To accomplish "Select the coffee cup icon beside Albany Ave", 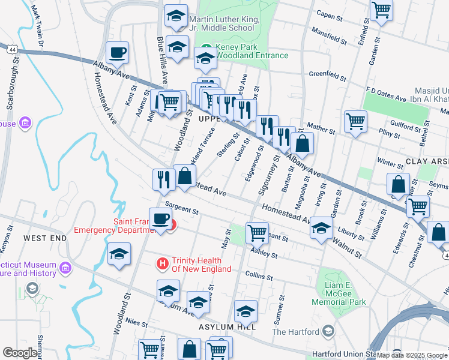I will [118, 52].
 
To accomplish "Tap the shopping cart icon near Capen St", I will [381, 11].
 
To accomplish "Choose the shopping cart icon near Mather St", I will [355, 121].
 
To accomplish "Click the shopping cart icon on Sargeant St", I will [257, 232].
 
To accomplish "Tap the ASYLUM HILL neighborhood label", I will [228, 327].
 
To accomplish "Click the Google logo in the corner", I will [19, 353].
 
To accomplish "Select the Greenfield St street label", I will [327, 76].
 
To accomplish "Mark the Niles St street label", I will [136, 323].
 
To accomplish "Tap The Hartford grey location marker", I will [328, 331].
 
